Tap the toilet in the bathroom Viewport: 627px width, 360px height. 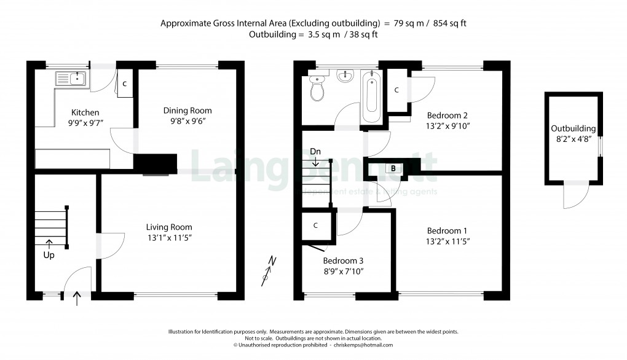pos(318,89)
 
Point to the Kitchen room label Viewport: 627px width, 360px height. pos(85,112)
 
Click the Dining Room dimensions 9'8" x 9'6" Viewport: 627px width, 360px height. pos(187,121)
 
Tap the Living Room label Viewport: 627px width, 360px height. pos(169,227)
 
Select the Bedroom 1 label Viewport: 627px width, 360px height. pos(448,231)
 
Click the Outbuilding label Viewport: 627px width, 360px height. pos(573,128)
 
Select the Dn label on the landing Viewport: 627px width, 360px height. pos(315,151)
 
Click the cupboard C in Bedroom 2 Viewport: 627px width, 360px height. pos(396,90)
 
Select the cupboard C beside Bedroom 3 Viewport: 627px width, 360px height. pos(315,225)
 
